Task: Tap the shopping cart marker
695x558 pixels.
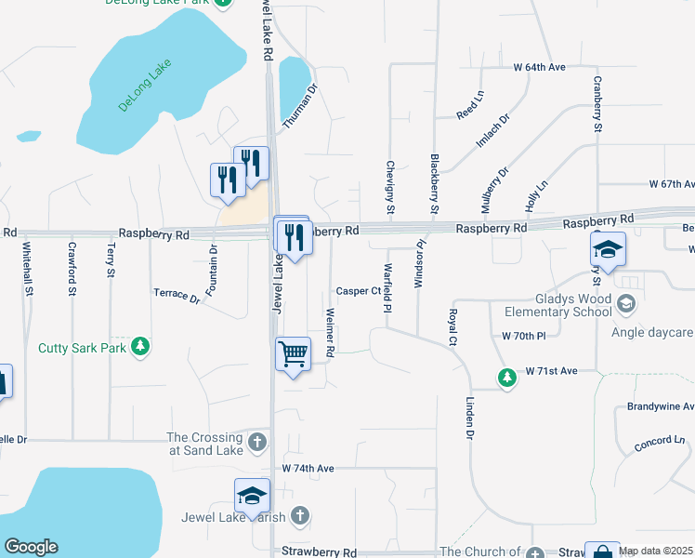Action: click(293, 353)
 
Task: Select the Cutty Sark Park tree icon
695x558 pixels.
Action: click(140, 347)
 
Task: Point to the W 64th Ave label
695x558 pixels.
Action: click(540, 68)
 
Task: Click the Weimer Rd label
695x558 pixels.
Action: click(330, 331)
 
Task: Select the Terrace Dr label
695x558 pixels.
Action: click(177, 296)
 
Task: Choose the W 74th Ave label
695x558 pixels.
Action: click(308, 468)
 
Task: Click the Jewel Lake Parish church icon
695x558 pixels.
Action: click(299, 514)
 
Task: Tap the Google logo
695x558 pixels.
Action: click(31, 547)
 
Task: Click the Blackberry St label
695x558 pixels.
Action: click(434, 184)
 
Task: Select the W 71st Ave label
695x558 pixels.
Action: click(551, 371)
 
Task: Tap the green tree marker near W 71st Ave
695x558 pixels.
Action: click(506, 378)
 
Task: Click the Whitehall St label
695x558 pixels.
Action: click(29, 270)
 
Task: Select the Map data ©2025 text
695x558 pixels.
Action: click(656, 551)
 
